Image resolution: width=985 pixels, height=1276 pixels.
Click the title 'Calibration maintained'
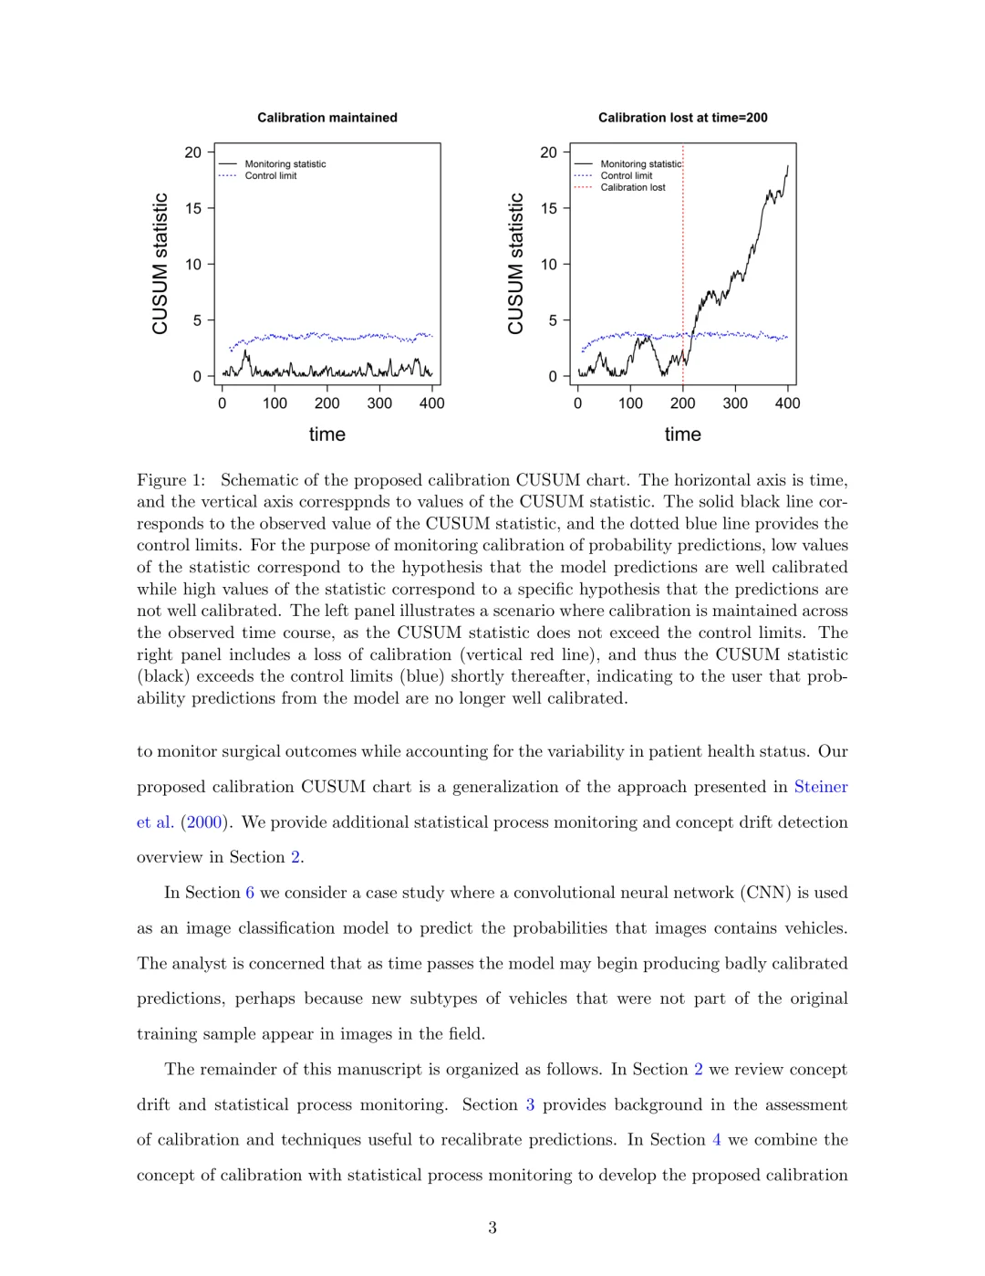pos(327,118)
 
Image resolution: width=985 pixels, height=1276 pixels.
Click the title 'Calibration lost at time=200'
pos(682,118)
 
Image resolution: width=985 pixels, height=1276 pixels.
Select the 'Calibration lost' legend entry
pos(632,188)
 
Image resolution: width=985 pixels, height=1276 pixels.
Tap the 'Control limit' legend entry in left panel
pos(270,176)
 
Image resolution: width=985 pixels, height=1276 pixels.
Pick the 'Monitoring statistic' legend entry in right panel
pos(640,164)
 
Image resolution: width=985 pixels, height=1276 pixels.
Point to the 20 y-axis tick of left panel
pos(193,152)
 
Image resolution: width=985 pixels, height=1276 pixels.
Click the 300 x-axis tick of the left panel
pos(379,403)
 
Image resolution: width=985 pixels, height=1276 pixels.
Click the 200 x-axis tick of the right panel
pos(682,403)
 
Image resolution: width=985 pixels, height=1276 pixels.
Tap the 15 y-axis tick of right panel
pos(548,209)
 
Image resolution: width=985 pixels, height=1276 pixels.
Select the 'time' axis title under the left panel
pos(327,434)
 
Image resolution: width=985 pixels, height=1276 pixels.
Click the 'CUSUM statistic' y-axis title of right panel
pos(516,264)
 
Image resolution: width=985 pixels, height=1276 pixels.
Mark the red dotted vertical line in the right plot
pos(683,274)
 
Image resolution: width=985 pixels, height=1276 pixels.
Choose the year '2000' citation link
pos(204,822)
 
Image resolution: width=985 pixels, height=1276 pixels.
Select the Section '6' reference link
pos(250,893)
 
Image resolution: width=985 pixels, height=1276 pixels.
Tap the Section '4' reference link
pos(716,1140)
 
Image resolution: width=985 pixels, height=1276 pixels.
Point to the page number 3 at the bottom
pos(493,1228)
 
